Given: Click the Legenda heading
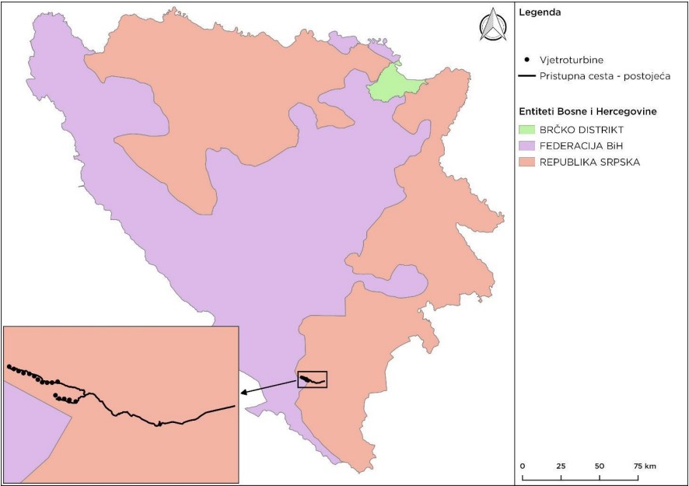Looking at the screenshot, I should point(540,12).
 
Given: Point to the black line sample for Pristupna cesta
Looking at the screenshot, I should point(529,76).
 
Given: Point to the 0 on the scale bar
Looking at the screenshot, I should point(523,465).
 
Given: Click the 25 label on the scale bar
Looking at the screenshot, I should point(561,465).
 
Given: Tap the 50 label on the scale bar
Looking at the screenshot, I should point(600,465).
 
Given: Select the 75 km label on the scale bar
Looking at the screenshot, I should point(645,465).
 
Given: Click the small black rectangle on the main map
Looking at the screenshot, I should point(313,379).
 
